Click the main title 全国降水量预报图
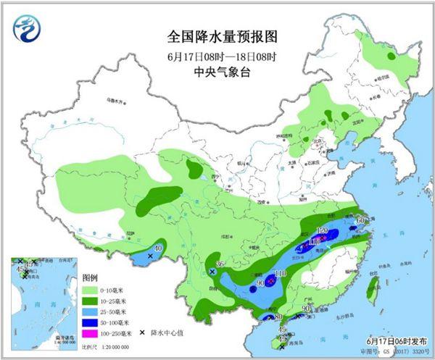217,35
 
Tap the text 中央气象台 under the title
217,72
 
